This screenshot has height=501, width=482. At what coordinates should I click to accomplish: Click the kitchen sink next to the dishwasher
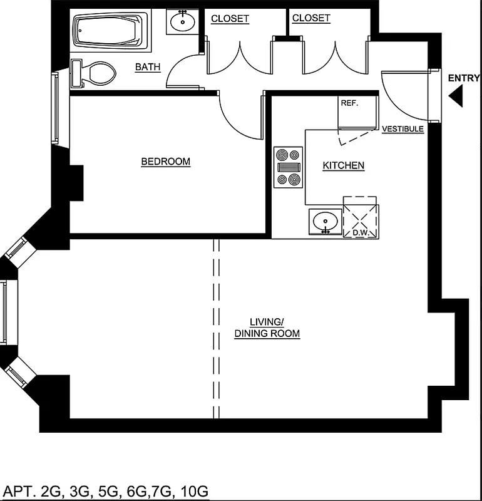pos(326,222)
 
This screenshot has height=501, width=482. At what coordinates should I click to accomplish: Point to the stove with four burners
pos(288,167)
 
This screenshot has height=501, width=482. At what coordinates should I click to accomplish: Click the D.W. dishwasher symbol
pos(361,219)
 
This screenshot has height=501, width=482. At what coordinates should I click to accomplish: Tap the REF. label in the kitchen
pos(349,103)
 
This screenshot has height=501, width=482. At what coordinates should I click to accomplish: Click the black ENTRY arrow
pos(456,96)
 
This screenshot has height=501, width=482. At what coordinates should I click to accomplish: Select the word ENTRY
pos(464,78)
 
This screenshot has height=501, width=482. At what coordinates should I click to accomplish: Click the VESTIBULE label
pos(403,129)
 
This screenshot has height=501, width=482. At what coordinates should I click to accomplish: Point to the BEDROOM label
pos(165,162)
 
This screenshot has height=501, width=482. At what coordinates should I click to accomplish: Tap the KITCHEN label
pos(343,165)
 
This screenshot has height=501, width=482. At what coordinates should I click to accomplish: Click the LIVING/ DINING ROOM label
pos(267,328)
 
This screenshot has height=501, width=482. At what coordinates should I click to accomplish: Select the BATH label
pos(148,67)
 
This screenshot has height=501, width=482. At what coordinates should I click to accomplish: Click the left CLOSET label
pos(230,18)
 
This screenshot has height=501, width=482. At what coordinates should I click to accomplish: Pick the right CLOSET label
pos(311,18)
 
